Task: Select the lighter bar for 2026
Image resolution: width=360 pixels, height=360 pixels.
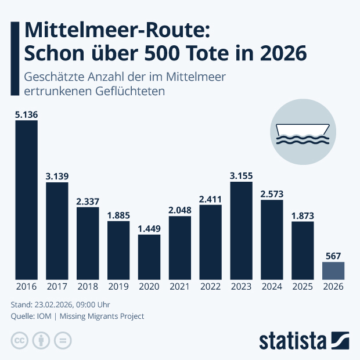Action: (x=333, y=270)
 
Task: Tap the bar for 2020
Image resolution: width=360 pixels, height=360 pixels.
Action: (x=149, y=256)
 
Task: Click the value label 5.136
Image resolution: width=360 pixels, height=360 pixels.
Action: (x=26, y=115)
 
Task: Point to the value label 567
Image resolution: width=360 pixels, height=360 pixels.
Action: (x=333, y=255)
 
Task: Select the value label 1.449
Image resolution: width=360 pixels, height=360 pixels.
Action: (x=149, y=228)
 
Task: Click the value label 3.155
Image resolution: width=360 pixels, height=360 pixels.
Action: (x=241, y=175)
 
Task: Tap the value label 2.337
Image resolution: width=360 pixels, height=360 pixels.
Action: (x=88, y=201)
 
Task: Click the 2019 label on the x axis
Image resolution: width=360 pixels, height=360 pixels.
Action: (x=118, y=287)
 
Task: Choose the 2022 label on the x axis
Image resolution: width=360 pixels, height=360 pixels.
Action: (x=210, y=287)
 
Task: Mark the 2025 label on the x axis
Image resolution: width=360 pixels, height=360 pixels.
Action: (x=303, y=287)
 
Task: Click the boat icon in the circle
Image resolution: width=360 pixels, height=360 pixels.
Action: (x=302, y=134)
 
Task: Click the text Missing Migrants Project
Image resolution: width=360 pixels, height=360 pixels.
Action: (x=106, y=316)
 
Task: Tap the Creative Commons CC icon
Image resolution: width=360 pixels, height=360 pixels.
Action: (x=20, y=340)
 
